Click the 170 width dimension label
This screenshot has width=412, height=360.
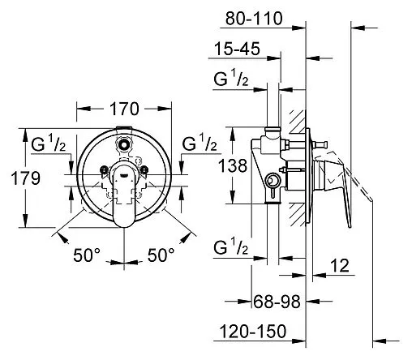pyautogui.click(x=124, y=109)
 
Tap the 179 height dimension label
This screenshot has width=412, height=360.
pyautogui.click(x=26, y=178)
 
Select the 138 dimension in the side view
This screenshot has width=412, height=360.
pyautogui.click(x=233, y=165)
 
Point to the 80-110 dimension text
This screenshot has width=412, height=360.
pyautogui.click(x=254, y=19)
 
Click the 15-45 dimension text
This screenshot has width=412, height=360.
pyautogui.click(x=237, y=49)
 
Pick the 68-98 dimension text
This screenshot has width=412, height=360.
pyautogui.click(x=277, y=302)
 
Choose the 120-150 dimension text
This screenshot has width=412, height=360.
pyautogui.click(x=253, y=331)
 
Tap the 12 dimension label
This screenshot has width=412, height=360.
pyautogui.click(x=340, y=265)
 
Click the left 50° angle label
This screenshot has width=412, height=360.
pyautogui.click(x=87, y=255)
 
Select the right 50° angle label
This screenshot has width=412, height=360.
pyautogui.click(x=161, y=255)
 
